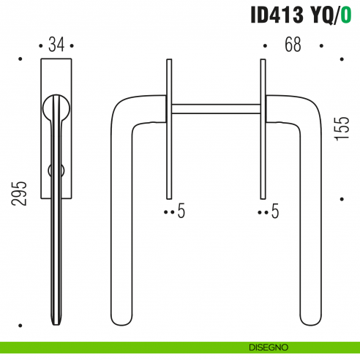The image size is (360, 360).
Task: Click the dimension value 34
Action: (56, 45)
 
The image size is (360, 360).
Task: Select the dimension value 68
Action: (293, 45)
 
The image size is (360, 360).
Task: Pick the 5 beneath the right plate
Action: (275, 212)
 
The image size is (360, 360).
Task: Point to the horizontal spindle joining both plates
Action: (215, 109)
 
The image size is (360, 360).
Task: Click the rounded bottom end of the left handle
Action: (122, 319)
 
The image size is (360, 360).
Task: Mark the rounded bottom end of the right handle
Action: (309, 319)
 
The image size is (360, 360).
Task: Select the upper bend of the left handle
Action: (124, 107)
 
